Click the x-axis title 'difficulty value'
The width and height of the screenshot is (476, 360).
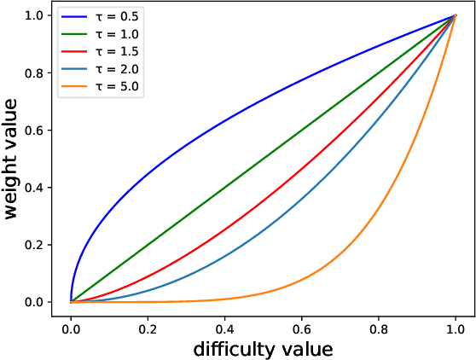tap(263, 349)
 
